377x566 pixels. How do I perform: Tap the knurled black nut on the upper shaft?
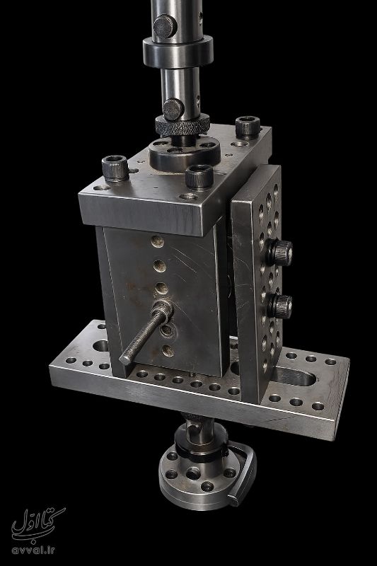click(182, 125)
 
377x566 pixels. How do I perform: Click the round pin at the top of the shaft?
click(165, 26)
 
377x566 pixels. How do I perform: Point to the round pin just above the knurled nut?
click(173, 109)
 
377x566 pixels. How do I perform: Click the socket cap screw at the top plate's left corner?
click(115, 168)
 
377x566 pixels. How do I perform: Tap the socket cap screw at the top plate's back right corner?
click(248, 127)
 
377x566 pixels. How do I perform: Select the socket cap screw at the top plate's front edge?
click(199, 176)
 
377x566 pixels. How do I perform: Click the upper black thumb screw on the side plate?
click(281, 253)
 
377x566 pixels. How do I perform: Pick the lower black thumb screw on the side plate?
click(281, 306)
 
